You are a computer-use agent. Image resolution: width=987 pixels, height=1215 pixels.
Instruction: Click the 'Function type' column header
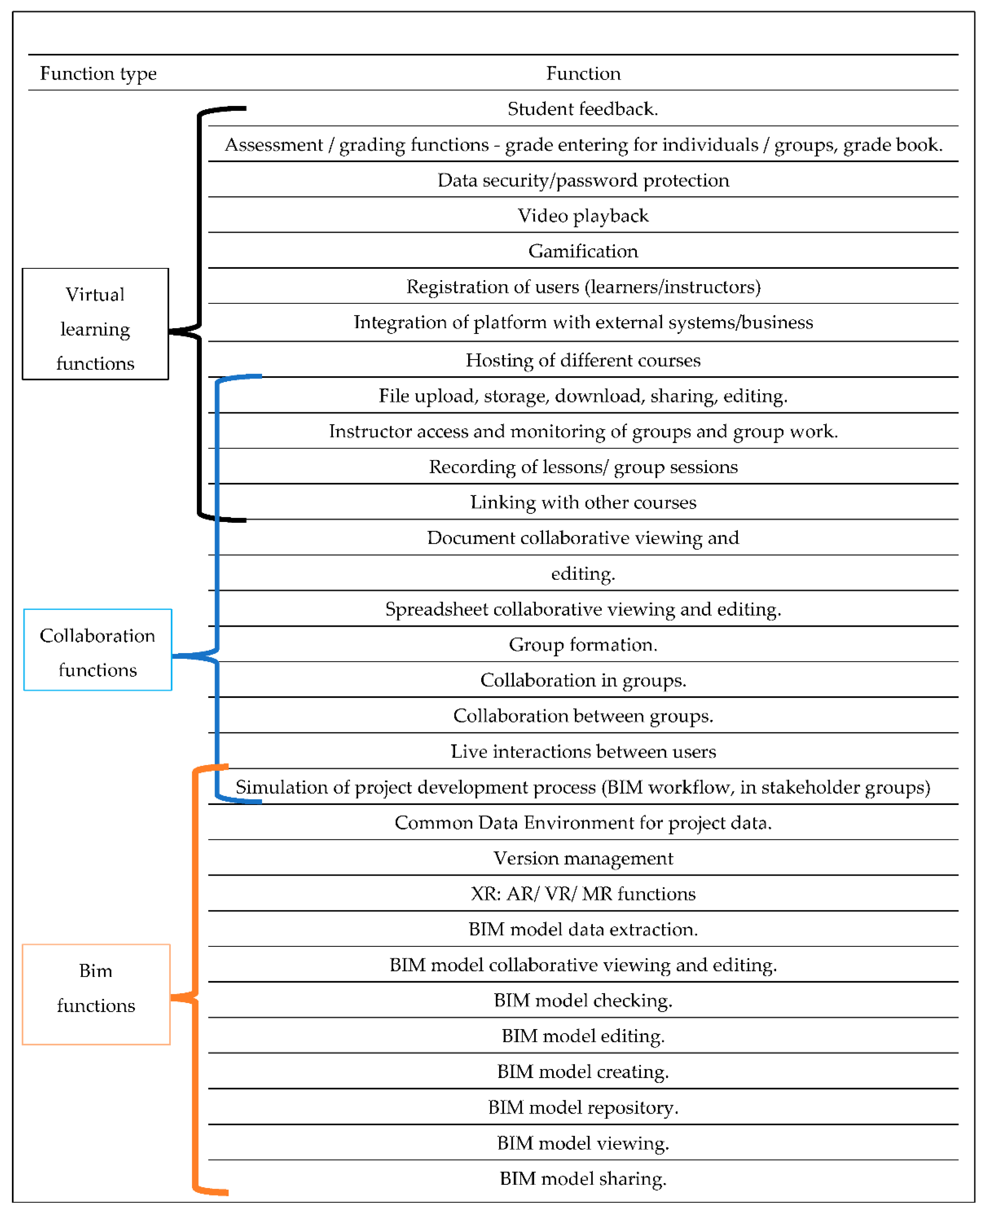pyautogui.click(x=98, y=73)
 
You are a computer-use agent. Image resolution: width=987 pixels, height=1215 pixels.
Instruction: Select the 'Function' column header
pyautogui.click(x=583, y=73)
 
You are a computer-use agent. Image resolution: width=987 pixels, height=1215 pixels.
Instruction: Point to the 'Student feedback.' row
pyautogui.click(x=583, y=109)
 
